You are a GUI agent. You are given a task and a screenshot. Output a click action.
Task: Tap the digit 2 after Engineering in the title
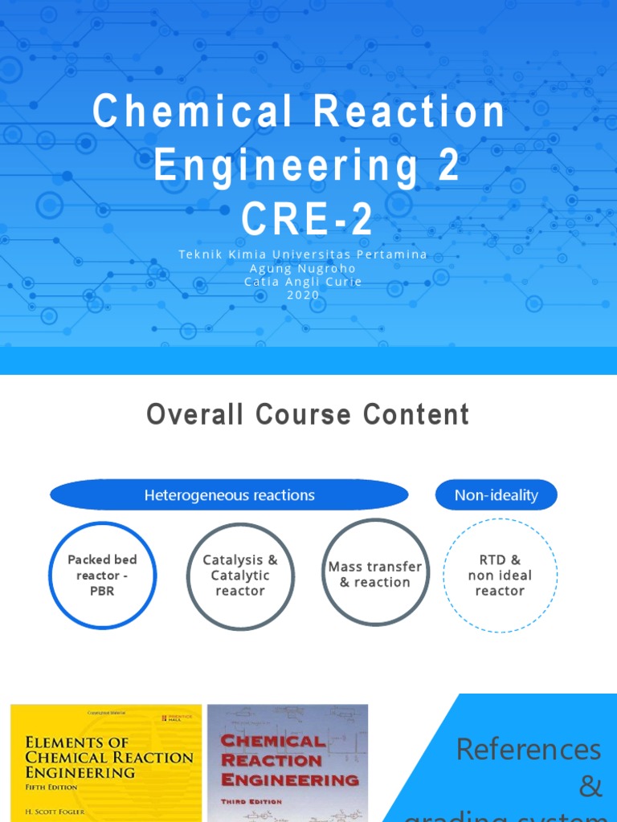[x=447, y=165]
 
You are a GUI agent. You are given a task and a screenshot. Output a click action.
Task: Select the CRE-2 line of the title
[x=308, y=219]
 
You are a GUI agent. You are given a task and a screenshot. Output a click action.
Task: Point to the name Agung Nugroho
[x=303, y=268]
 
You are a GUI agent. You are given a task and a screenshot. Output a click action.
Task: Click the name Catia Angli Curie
[x=303, y=282]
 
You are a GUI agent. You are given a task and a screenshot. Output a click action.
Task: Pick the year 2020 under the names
[x=303, y=295]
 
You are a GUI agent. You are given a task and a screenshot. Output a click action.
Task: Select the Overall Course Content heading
[x=308, y=415]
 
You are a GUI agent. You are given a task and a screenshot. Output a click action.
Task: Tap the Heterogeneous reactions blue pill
[x=229, y=495]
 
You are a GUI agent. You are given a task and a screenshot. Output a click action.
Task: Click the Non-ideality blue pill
[x=496, y=495]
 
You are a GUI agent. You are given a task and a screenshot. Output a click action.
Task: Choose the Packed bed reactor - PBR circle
[x=102, y=575]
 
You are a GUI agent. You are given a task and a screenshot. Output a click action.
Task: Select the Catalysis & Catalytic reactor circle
[x=240, y=576]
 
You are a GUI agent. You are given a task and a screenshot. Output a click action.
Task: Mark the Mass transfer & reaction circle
[x=374, y=574]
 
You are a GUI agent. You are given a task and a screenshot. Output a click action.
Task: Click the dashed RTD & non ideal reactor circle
[x=500, y=575]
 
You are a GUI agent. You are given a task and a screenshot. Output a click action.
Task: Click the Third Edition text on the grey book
[x=251, y=801]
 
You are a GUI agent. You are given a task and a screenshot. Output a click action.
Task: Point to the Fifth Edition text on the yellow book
[x=52, y=787]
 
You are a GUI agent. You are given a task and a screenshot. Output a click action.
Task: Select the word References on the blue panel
[x=528, y=749]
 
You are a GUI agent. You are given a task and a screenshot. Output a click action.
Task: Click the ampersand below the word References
[x=590, y=787]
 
